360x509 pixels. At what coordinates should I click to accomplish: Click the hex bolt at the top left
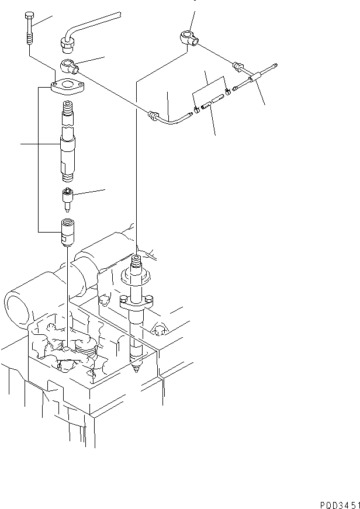coord(28,29)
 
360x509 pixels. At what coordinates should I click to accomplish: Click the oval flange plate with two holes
coord(68,86)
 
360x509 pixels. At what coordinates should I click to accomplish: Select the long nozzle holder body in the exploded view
coord(68,141)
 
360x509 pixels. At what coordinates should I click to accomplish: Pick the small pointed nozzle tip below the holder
coord(67,199)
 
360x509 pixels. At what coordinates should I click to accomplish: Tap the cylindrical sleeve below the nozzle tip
coord(68,233)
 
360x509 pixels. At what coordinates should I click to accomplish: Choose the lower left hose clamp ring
coord(197,110)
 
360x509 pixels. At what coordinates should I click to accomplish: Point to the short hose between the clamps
coord(213,102)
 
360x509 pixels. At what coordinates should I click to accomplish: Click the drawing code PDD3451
coord(340,505)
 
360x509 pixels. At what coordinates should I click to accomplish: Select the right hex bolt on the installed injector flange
coord(148,299)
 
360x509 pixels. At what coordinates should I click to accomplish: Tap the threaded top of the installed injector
coord(136,260)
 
